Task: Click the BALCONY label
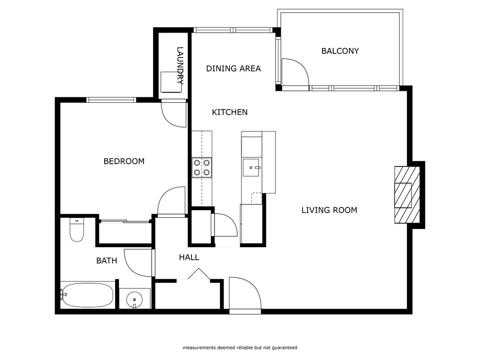[340, 51]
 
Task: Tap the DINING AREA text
[233, 69]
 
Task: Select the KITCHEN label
[230, 112]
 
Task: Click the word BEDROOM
[124, 161]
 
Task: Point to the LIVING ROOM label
[329, 210]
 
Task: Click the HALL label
[189, 258]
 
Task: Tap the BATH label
[107, 261]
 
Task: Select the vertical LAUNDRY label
[180, 66]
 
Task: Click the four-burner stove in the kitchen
[202, 168]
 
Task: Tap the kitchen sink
[252, 168]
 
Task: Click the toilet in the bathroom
[77, 229]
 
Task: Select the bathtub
[87, 294]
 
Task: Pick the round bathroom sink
[134, 300]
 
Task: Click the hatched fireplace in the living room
[407, 194]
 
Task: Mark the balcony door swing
[294, 73]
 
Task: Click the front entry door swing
[244, 294]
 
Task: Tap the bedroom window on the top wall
[111, 100]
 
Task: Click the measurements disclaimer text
[240, 348]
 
